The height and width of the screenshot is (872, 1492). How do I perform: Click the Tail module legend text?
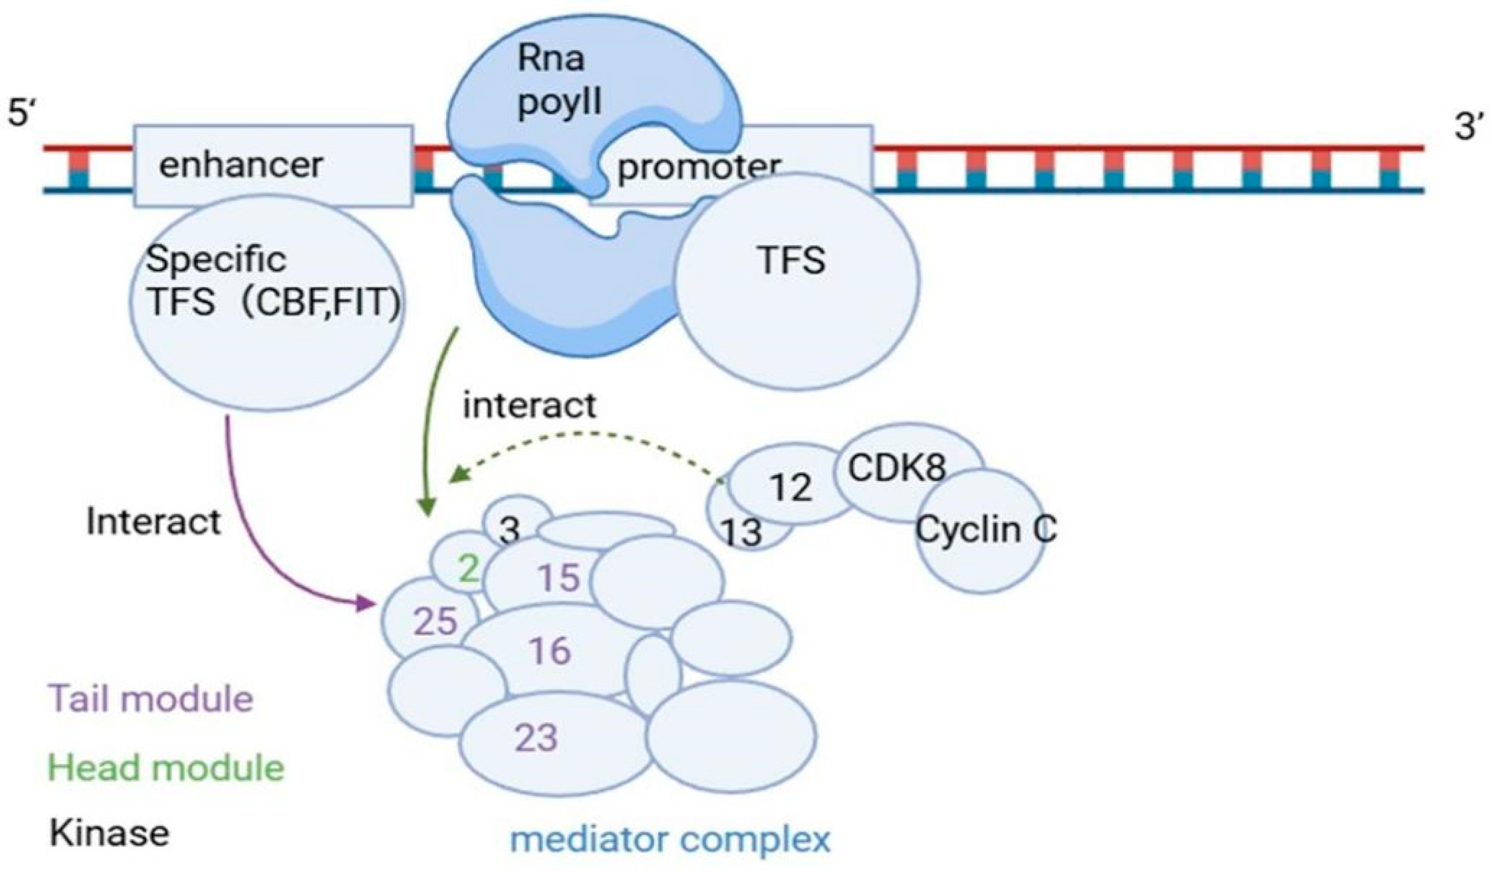tap(151, 698)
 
